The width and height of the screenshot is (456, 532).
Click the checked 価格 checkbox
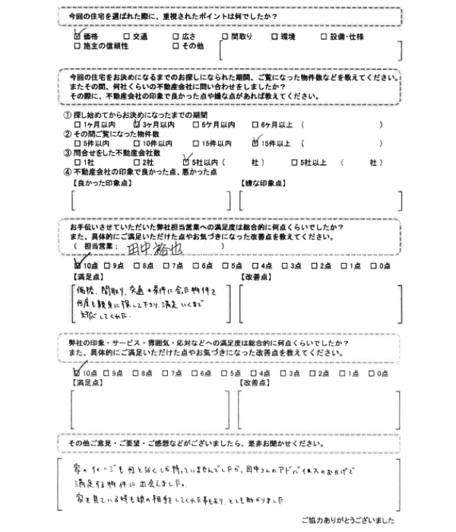[77, 36]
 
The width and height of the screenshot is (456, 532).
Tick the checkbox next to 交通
[125, 36]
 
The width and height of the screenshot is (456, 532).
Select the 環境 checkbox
[274, 36]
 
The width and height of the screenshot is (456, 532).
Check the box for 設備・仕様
[323, 36]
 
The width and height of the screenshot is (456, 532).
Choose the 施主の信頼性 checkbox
[77, 46]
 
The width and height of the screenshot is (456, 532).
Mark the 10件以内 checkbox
[136, 142]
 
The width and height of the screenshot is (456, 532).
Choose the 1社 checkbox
[77, 162]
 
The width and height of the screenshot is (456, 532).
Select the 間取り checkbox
[224, 36]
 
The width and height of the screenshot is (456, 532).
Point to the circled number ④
[68, 172]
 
